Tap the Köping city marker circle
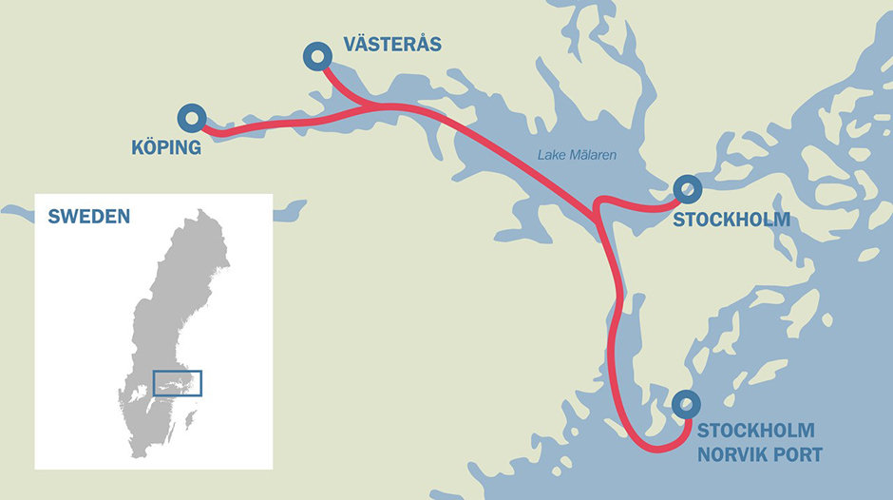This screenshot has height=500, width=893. point(193,118)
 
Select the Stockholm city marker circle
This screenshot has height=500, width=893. point(687,188)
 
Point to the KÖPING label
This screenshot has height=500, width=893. point(167,147)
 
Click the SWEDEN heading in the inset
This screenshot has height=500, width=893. point(89,217)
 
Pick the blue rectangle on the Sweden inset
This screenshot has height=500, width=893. point(178,383)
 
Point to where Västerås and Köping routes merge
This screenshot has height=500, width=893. point(366,104)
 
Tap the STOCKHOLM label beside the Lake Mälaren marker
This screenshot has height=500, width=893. point(731,221)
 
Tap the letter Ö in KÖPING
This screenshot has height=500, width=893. point(151,147)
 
